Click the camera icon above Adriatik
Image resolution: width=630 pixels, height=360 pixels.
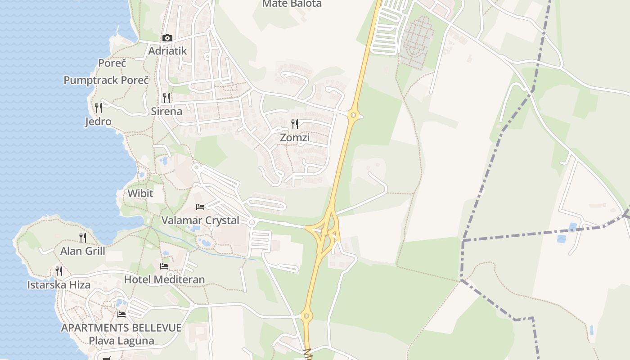167,38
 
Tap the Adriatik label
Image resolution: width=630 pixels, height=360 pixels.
167,51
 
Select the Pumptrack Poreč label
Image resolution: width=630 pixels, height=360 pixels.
106,81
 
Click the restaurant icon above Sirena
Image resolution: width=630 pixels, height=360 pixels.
166,98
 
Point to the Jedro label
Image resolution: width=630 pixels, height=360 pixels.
98,121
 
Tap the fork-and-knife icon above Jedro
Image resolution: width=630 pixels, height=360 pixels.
99,108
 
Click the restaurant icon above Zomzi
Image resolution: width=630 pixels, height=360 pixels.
295,124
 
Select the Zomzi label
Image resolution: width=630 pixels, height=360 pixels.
295,138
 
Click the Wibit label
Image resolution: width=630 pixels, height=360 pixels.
140,193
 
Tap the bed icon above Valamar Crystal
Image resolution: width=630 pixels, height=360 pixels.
200,207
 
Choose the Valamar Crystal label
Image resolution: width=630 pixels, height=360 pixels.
200,220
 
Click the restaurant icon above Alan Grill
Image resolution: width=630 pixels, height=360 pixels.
83,237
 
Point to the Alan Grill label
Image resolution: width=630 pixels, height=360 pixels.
83,251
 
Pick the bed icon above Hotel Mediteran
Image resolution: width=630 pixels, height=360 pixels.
164,266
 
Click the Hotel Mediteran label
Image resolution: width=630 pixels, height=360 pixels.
164,279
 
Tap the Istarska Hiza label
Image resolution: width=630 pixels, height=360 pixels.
59,285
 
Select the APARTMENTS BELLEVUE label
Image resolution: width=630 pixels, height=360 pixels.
121,328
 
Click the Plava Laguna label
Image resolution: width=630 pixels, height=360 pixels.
121,341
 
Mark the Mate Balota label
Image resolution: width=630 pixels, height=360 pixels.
292,4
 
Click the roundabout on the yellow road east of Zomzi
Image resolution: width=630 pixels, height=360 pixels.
353,115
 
